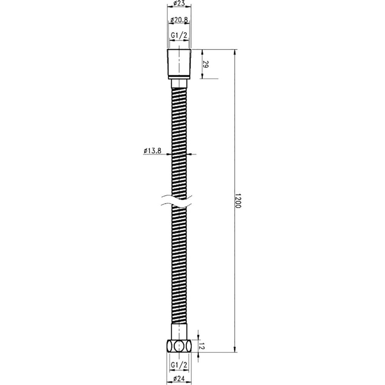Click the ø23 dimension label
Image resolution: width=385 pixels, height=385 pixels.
(x=179, y=3)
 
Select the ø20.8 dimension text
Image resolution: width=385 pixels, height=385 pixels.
(x=179, y=20)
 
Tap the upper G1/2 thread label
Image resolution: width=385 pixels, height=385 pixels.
(x=179, y=35)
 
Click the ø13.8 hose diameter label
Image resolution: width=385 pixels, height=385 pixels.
(x=152, y=151)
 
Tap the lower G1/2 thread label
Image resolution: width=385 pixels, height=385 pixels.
(x=179, y=365)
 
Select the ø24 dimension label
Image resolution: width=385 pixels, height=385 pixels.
(x=179, y=378)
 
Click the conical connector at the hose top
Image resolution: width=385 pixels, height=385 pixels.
(x=179, y=64)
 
